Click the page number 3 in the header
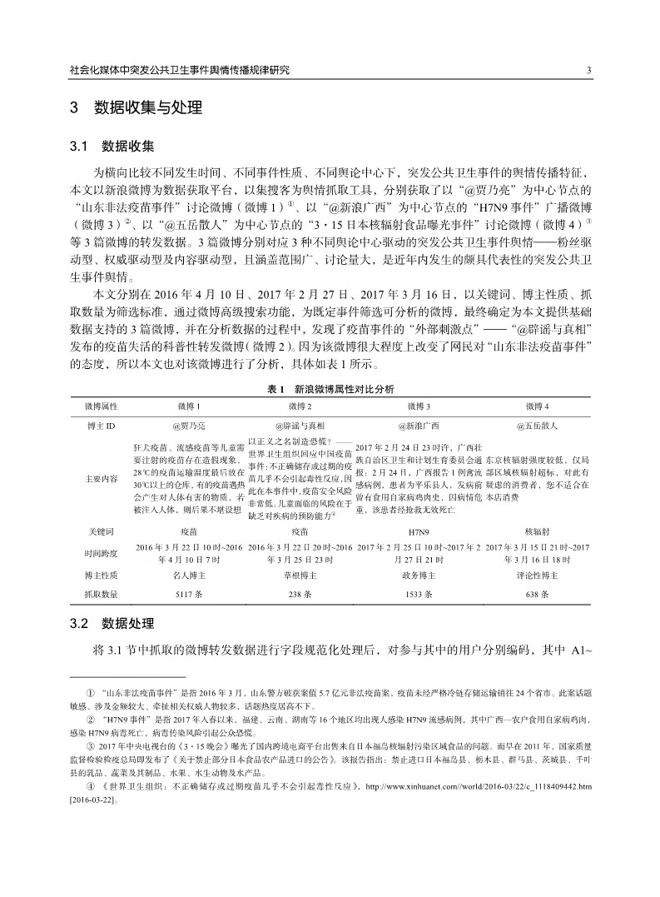588,71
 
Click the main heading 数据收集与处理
146,108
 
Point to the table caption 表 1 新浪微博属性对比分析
330,388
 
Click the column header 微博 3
416,405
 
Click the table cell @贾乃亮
188,425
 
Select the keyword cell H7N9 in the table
416,531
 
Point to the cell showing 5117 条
188,595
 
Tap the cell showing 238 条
300,595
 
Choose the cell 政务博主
416,575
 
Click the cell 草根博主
300,575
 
